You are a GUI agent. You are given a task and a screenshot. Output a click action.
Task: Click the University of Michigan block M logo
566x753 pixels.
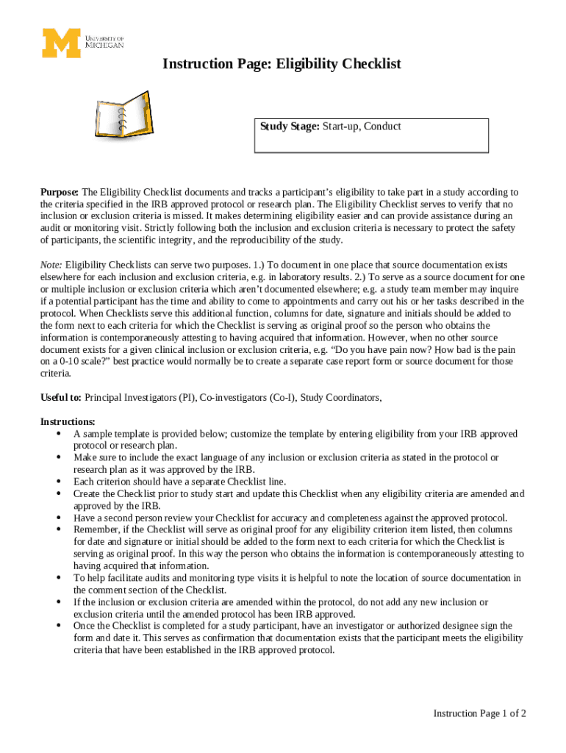tap(60, 43)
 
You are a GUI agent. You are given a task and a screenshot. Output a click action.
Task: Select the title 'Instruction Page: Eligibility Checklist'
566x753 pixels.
tap(282, 64)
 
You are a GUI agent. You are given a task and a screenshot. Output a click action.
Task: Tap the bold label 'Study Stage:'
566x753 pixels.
tap(289, 126)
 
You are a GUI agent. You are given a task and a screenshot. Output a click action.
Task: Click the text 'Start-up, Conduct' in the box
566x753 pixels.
tap(361, 126)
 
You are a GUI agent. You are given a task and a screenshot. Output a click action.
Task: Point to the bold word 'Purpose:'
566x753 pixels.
tap(60, 193)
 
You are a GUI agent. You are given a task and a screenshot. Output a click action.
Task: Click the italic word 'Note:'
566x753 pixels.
tap(51, 265)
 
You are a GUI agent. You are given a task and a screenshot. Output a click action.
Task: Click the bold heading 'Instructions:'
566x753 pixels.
tap(68, 422)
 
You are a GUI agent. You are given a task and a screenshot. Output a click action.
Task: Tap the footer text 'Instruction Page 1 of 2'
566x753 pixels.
tap(479, 713)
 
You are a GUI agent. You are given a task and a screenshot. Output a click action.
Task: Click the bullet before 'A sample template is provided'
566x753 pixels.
tap(58, 434)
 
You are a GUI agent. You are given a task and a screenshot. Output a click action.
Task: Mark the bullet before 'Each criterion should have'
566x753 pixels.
tap(58, 482)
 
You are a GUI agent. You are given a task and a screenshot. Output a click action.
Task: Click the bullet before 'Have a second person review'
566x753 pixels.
tap(58, 518)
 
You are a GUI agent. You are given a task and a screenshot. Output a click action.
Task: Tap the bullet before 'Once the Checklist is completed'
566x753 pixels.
tap(58, 626)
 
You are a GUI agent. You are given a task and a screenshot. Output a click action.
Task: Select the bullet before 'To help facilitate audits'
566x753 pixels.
tap(58, 578)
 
